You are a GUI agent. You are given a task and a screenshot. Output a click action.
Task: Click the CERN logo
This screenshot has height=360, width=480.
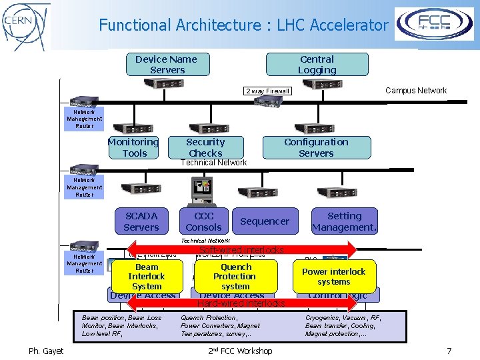[x=26, y=25]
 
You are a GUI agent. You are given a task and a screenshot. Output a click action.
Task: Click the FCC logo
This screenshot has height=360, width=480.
[x=434, y=24]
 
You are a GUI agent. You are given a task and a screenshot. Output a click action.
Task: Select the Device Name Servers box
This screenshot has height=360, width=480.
[x=167, y=65]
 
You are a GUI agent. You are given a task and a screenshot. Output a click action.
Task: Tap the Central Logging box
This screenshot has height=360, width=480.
[x=317, y=65]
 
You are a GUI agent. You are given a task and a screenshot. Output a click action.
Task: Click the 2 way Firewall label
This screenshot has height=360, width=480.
[x=267, y=91]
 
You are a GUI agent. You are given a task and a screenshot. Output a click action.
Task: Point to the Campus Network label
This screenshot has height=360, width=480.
[x=416, y=91]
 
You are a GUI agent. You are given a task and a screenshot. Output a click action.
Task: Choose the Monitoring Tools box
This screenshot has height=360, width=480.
[x=134, y=147]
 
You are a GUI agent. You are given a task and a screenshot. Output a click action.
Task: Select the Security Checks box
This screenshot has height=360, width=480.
[x=205, y=147]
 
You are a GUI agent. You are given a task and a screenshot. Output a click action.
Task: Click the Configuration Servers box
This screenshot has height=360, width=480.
[x=316, y=147]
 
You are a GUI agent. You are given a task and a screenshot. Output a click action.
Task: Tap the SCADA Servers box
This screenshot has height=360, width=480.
[x=141, y=221]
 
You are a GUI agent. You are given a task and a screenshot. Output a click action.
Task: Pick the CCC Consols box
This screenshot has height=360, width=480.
[x=204, y=221]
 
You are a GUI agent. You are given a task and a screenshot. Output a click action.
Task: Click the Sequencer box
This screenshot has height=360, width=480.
[x=265, y=221]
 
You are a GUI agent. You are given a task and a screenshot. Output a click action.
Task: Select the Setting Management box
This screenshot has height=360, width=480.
[x=344, y=221]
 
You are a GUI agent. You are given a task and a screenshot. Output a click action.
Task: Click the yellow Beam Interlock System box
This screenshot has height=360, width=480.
[x=146, y=276]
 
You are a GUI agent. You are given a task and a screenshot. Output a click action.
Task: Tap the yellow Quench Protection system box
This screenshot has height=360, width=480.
[x=235, y=276]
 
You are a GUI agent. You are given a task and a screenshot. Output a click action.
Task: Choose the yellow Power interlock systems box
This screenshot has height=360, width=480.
[x=334, y=276]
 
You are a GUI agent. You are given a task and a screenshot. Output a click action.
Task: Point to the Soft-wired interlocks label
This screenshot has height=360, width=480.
[x=241, y=251]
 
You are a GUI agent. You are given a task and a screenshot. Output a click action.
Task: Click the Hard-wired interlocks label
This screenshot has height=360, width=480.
[x=241, y=303]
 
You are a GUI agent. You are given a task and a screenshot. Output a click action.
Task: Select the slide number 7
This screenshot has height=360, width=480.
[x=449, y=351]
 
